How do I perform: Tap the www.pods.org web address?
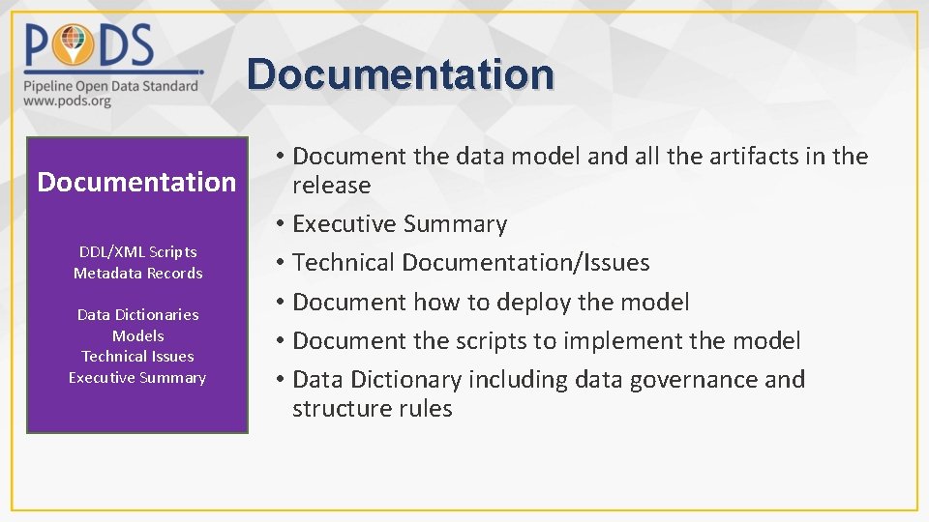click(68, 101)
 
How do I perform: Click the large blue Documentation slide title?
click(401, 74)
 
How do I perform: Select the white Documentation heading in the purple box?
click(136, 182)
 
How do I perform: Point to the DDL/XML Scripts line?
click(137, 252)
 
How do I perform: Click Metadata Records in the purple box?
click(137, 274)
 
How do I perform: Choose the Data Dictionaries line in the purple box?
click(137, 315)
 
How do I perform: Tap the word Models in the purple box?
click(137, 336)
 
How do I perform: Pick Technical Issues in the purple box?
click(137, 357)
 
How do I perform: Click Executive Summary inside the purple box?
click(137, 378)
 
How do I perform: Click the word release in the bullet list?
click(331, 186)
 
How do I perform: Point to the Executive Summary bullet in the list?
click(399, 224)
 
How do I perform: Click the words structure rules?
click(372, 409)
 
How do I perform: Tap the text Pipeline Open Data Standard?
click(110, 85)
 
